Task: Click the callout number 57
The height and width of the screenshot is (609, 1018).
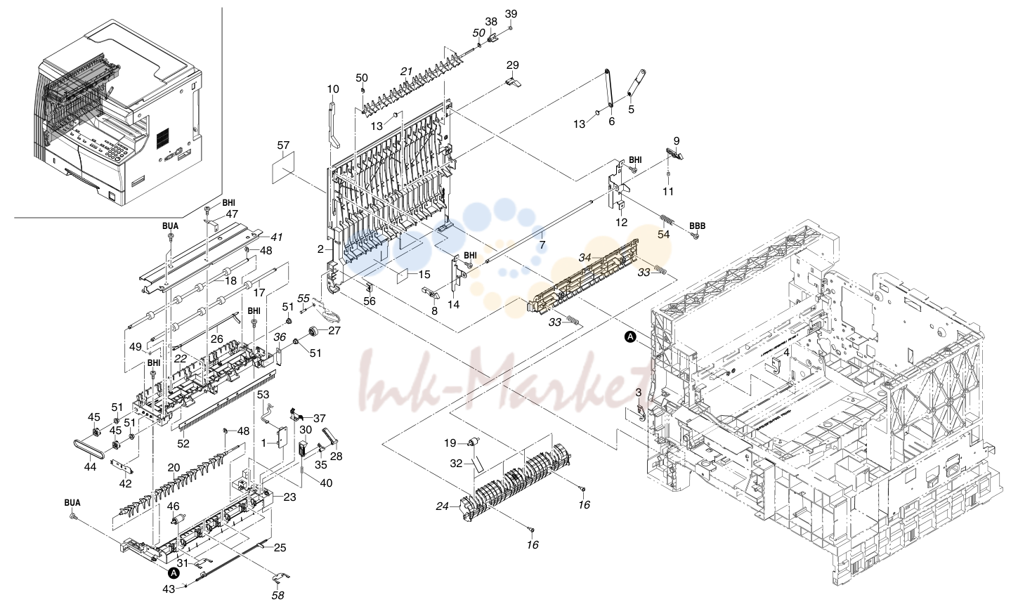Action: tap(283, 145)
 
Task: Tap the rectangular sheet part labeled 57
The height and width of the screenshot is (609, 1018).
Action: tap(283, 167)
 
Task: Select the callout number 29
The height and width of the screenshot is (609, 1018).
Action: tap(513, 65)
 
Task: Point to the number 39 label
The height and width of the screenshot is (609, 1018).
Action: tap(511, 13)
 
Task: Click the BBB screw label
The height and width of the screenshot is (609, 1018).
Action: tap(698, 225)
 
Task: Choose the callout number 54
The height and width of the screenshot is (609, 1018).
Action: tap(664, 235)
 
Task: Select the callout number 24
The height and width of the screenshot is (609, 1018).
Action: tap(443, 506)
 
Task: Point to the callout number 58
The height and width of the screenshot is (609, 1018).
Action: tap(278, 595)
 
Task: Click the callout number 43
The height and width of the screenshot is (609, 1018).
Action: tap(169, 589)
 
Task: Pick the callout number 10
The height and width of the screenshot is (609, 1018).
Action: tap(333, 89)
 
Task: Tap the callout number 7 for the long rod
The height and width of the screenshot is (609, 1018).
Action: tap(542, 245)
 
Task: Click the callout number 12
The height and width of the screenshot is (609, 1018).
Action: tap(621, 222)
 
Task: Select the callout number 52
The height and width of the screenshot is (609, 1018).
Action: tap(183, 443)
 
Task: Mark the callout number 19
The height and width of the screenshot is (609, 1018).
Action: tap(450, 443)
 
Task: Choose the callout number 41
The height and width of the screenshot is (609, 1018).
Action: tap(278, 237)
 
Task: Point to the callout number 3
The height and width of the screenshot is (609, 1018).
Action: tap(639, 392)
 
